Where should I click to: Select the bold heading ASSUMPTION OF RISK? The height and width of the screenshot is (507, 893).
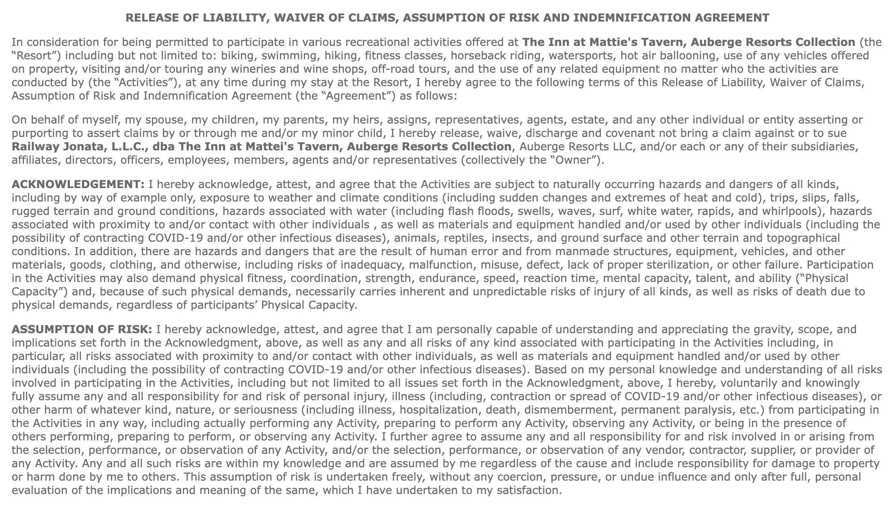click(82, 329)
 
